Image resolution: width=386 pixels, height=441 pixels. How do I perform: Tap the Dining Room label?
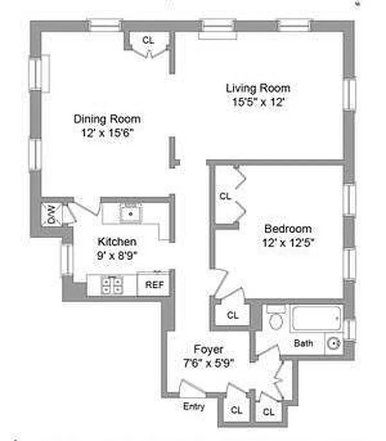(x=107, y=119)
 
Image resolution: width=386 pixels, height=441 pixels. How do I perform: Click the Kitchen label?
(x=117, y=242)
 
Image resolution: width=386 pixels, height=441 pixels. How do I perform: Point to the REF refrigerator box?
(x=153, y=284)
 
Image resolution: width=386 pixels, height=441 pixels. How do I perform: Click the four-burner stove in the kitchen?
(x=112, y=284)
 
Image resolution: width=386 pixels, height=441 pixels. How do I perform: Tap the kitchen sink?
(x=131, y=212)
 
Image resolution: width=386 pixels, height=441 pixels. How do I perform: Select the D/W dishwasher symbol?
(x=51, y=214)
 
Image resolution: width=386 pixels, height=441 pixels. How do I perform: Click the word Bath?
(x=303, y=343)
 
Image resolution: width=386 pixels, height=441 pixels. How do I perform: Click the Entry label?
(x=194, y=407)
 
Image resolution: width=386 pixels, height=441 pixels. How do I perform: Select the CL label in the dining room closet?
(x=148, y=40)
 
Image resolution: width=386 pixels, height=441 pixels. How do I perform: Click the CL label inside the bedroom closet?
(x=226, y=196)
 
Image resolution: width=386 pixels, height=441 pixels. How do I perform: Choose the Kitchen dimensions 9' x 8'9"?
(x=117, y=255)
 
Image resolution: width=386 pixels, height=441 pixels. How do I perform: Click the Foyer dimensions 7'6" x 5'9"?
(x=209, y=363)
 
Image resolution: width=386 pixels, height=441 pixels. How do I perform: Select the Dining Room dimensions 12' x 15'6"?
(x=107, y=132)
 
